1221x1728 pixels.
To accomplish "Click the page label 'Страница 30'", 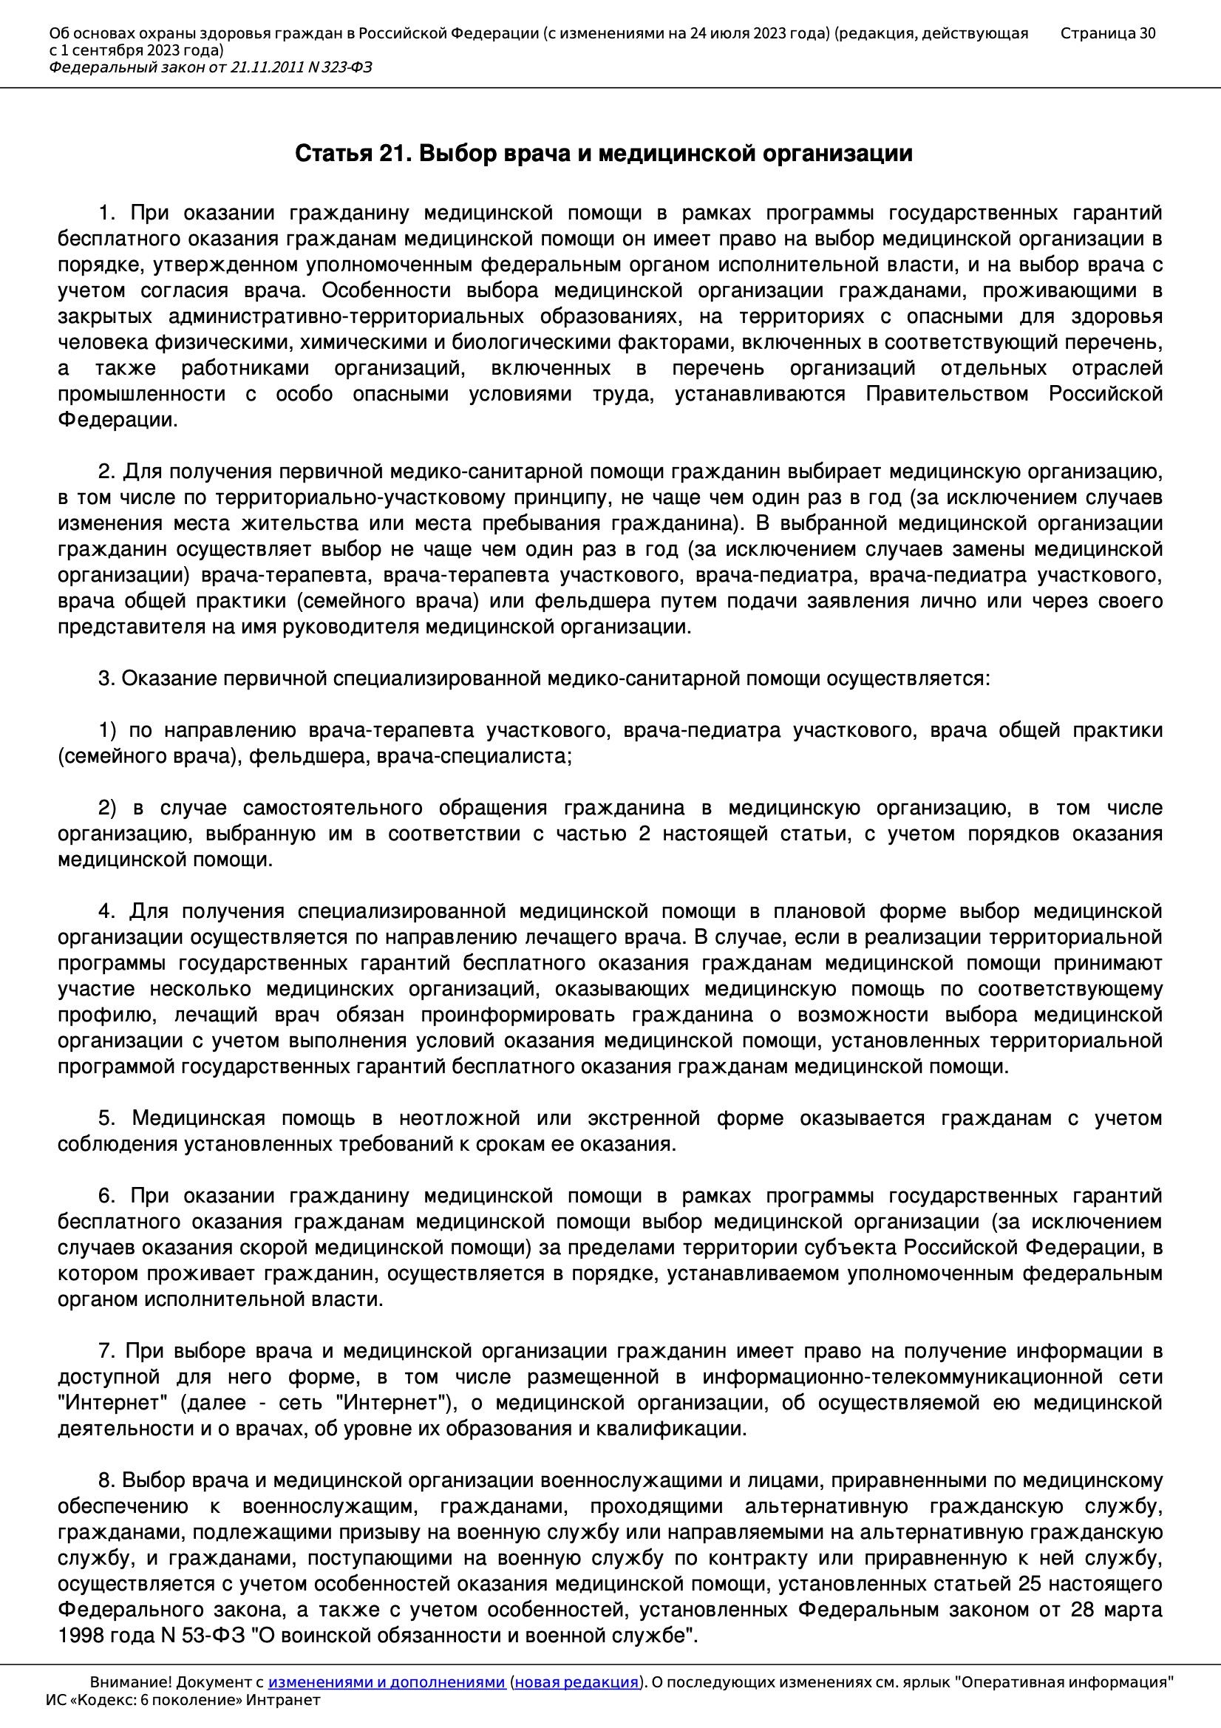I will pyautogui.click(x=1106, y=33).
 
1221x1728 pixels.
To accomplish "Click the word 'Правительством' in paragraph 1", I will pyautogui.click(x=946, y=394).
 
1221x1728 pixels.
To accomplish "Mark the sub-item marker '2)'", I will pyautogui.click(x=107, y=808).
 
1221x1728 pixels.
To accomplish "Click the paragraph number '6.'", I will pyautogui.click(x=106, y=1195).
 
